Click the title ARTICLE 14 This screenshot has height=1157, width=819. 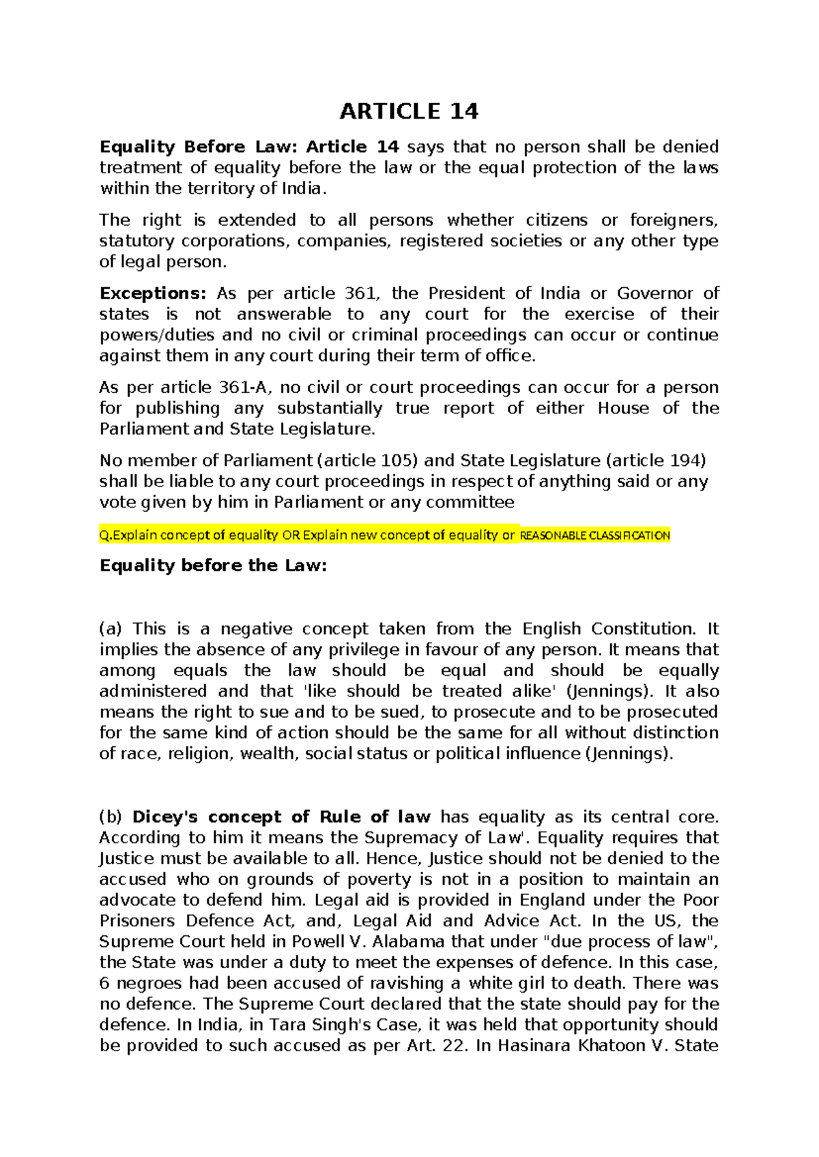409,111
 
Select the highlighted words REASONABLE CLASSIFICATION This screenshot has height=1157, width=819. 595,536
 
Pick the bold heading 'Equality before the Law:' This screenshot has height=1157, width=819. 214,566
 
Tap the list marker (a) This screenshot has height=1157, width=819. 111,629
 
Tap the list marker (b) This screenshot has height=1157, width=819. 111,817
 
